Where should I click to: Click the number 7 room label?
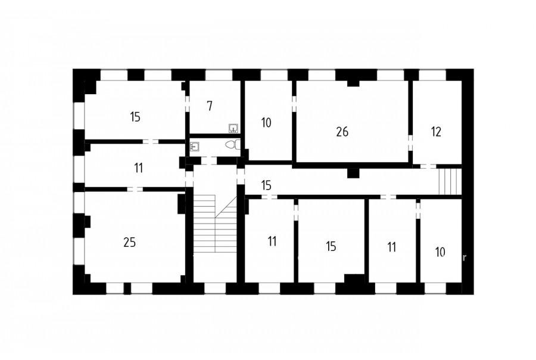(x=210, y=106)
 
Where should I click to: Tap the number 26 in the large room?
(x=342, y=132)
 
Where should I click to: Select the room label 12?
(x=436, y=132)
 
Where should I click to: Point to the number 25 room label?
(x=130, y=242)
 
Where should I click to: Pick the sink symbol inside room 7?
(x=233, y=128)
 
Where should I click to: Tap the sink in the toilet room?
(x=195, y=147)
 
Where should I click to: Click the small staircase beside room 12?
(x=450, y=181)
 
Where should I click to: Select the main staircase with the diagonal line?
(x=215, y=224)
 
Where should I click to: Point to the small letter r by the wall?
(x=464, y=258)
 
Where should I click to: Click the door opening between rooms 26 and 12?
(x=410, y=142)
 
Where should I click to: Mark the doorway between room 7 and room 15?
(x=187, y=103)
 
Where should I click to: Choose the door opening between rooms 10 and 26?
(x=294, y=103)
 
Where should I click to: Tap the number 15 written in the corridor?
(x=266, y=185)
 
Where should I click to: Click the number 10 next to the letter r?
(x=440, y=252)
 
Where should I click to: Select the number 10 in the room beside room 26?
(x=266, y=123)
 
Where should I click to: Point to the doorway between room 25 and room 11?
(x=135, y=189)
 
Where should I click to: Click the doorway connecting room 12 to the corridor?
(x=428, y=166)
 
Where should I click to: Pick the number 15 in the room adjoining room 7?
(x=135, y=117)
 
